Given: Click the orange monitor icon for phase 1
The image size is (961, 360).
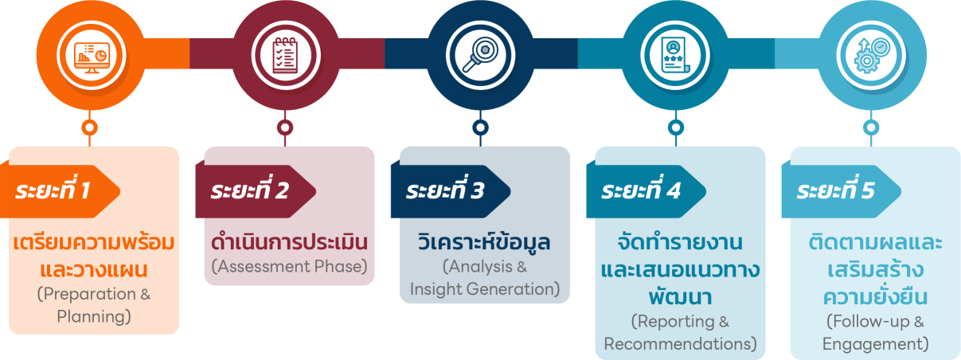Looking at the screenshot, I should pos(90,54).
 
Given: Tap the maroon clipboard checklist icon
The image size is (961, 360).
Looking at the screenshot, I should pos(285,54).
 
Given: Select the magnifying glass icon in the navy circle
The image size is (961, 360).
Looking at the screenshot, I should pos(480,54).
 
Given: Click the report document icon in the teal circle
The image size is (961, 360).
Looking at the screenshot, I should pos(675,54).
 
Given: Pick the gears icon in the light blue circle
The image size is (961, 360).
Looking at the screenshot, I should pos(871,54).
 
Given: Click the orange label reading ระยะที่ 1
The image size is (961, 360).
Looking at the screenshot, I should pos(54,192).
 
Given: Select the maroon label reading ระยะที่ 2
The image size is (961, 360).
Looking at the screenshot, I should pos(250,192).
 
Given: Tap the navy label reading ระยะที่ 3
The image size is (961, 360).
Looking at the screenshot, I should pos(445,192).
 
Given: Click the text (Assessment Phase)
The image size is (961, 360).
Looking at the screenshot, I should pos(289,266).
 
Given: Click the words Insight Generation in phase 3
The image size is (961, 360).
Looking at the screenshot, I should pos(485,288).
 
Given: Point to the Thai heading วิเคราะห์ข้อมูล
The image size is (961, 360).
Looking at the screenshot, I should pos(484,241).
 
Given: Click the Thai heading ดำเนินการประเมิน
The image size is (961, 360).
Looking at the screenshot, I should pos(289,241).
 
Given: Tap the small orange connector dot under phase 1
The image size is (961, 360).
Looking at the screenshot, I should pos(90,127).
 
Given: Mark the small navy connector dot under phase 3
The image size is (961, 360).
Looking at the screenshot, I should pos(480,127).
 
